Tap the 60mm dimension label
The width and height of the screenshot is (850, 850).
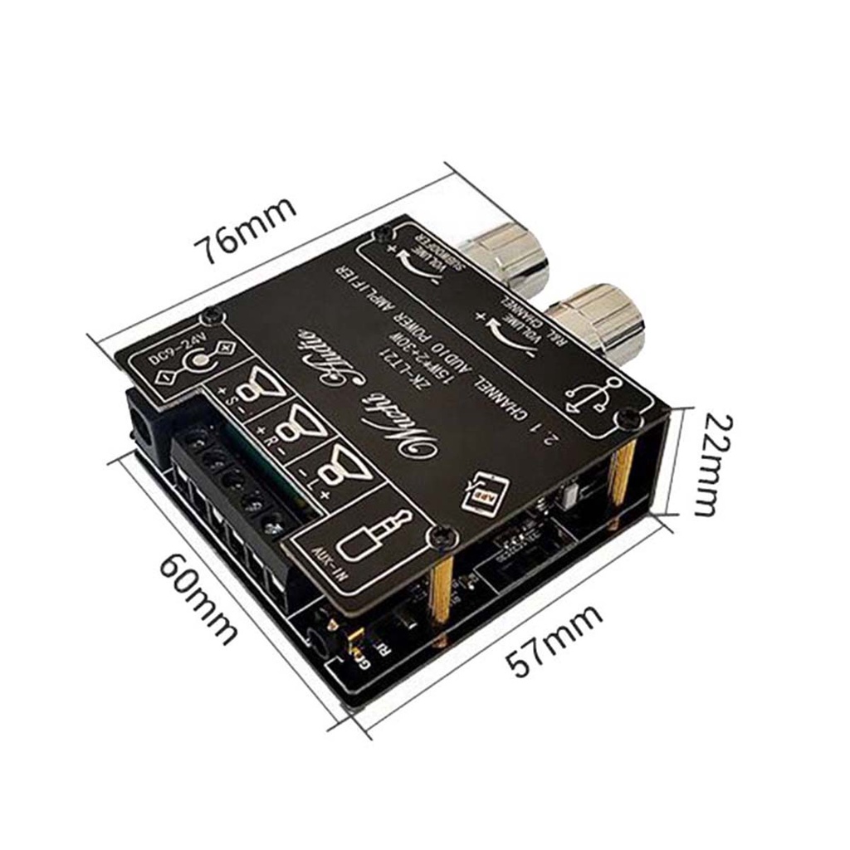pyautogui.click(x=198, y=597)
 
